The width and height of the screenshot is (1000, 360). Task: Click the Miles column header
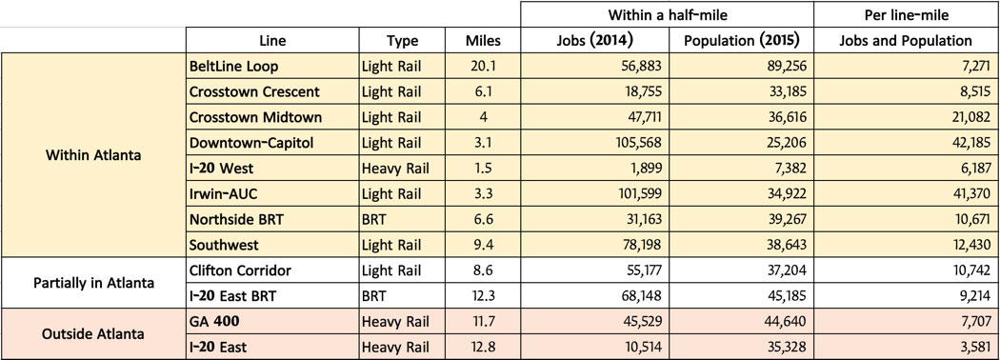[483, 41]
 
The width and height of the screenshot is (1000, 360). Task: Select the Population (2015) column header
[741, 41]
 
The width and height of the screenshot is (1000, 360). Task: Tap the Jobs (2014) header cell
[594, 41]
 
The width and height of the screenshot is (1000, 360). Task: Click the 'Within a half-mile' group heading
[667, 14]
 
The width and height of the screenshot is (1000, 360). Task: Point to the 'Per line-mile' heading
[906, 14]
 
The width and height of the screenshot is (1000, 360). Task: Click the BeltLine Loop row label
[233, 66]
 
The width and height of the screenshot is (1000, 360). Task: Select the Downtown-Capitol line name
[251, 143]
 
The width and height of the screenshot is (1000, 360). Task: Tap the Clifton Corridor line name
[240, 270]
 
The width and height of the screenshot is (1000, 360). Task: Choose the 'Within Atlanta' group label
[93, 155]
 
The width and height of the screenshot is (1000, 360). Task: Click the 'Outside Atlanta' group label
[93, 334]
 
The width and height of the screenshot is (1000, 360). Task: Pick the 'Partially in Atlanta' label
[93, 283]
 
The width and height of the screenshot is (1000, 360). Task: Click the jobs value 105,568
[638, 143]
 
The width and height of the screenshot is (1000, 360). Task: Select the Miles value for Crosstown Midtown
[483, 117]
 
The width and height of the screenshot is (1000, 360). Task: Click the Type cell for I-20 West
[395, 169]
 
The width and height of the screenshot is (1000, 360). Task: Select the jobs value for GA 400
[644, 322]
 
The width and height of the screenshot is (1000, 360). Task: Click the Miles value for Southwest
[483, 245]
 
